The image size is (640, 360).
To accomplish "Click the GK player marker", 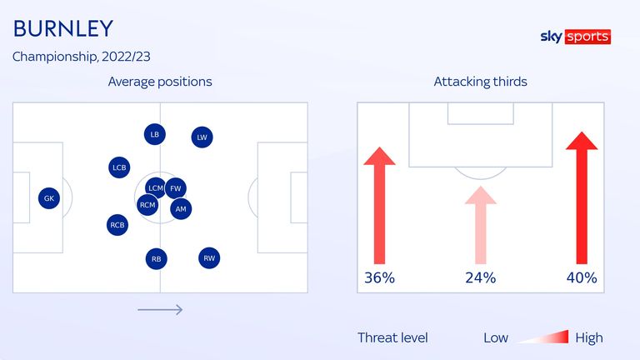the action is tap(49, 198).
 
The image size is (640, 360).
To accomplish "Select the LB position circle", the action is tap(155, 134).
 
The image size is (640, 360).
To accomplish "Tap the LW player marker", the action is tap(202, 137).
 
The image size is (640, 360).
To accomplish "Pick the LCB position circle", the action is tap(119, 167).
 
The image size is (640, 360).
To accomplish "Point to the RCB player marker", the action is tap(117, 225).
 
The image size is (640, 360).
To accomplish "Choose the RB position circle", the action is tap(157, 259).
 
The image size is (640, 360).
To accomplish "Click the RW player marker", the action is tap(209, 258).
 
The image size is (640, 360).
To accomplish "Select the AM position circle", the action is tap(181, 209).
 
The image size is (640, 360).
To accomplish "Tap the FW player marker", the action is tap(176, 188).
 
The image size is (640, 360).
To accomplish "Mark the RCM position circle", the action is tap(147, 205).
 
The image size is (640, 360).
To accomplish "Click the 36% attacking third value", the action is tap(380, 278).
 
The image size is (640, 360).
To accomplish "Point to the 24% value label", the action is tap(480, 278).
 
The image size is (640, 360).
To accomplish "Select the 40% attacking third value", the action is tap(582, 278).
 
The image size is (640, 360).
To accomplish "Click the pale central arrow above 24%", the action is tap(480, 225).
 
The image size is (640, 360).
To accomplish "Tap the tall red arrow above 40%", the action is tap(582, 197).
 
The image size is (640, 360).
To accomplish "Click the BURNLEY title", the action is tap(63, 28).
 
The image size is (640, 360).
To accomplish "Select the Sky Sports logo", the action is tap(576, 37).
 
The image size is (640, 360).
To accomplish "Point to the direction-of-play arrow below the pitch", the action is tap(160, 310).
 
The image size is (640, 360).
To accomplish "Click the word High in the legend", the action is tap(589, 338).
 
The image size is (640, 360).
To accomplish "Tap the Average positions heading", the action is tap(160, 82).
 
